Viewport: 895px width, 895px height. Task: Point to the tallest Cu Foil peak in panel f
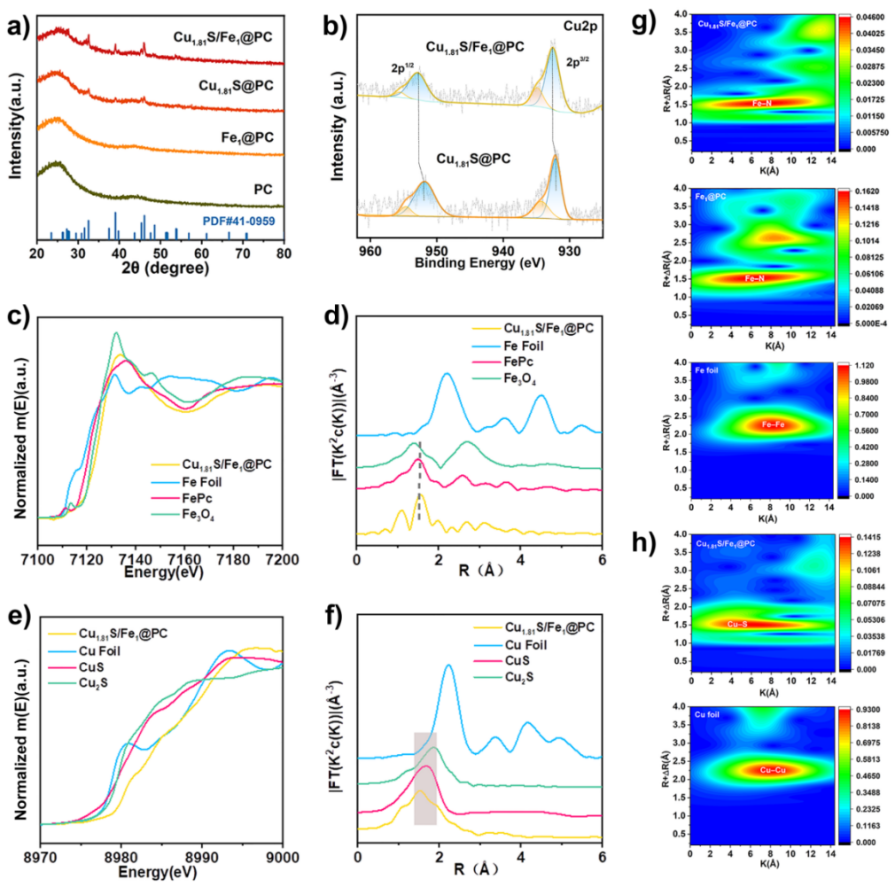pyautogui.click(x=448, y=666)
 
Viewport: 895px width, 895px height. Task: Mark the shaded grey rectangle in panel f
pyautogui.click(x=425, y=778)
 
